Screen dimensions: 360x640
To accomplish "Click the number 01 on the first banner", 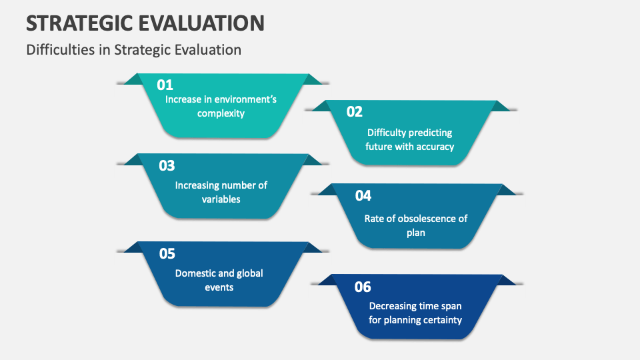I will tap(165, 85).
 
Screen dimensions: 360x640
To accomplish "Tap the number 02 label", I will tap(355, 112).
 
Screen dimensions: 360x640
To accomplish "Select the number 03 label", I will tap(167, 166).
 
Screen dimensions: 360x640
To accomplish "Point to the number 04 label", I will tap(363, 196).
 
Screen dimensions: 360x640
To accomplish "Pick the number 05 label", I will tap(167, 254).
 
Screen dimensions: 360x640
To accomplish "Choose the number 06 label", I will tap(363, 287).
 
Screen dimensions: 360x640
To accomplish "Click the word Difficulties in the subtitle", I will tap(61, 50).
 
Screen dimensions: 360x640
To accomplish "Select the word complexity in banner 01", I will tap(221, 113).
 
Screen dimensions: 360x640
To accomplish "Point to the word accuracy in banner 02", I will tap(435, 146).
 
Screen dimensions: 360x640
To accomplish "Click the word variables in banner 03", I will tap(221, 199).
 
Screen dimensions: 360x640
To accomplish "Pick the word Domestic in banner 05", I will tap(195, 273).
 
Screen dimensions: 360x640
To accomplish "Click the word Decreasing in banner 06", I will tap(393, 305).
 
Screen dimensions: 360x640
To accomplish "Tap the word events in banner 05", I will tap(220, 287).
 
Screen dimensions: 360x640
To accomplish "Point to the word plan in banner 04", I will tap(415, 233).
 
